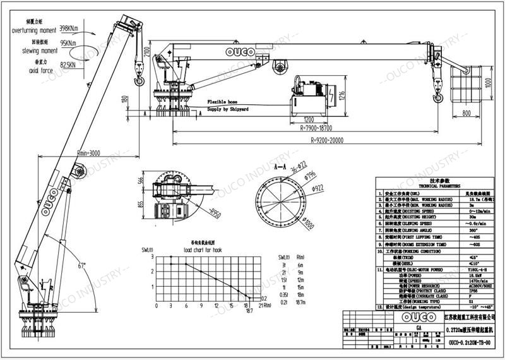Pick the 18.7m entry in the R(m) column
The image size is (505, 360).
coord(300,303)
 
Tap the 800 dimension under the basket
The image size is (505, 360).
coord(466,113)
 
